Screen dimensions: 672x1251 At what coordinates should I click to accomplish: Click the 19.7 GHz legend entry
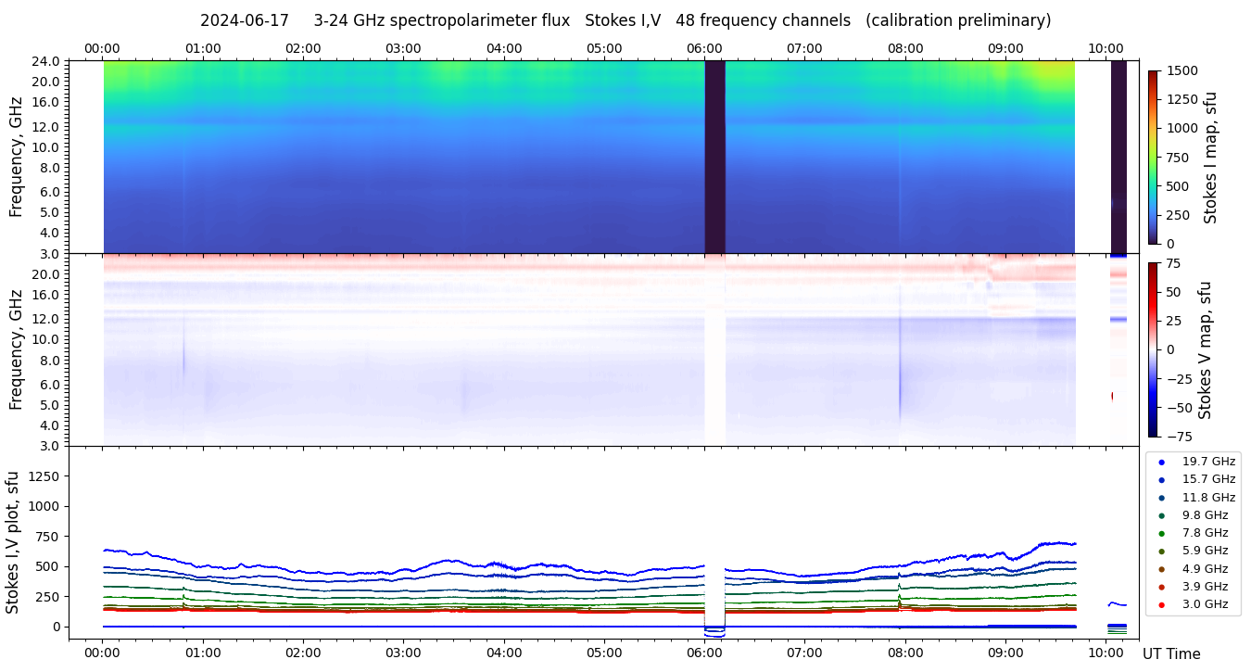pyautogui.click(x=1208, y=461)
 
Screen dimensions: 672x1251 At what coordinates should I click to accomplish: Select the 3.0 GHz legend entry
pyautogui.click(x=1205, y=604)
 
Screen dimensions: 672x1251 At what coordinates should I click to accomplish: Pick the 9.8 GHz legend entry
pyautogui.click(x=1205, y=514)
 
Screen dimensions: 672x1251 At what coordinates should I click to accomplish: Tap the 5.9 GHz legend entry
pyautogui.click(x=1205, y=551)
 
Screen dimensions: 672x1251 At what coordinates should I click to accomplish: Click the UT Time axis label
pyautogui.click(x=1171, y=653)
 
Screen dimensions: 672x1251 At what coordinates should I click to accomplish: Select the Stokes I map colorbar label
pyautogui.click(x=1210, y=158)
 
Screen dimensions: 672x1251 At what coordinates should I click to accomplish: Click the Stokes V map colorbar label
pyautogui.click(x=1205, y=349)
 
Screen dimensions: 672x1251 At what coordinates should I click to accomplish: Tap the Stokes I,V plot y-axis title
pyautogui.click(x=13, y=541)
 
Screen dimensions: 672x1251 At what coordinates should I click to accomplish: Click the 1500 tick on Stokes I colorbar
pyautogui.click(x=1181, y=71)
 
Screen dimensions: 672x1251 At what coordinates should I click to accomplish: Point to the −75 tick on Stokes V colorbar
pyautogui.click(x=1180, y=436)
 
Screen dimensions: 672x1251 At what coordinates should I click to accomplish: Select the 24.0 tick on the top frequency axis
pyautogui.click(x=47, y=61)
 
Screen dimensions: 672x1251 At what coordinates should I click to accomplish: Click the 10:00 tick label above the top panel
pyautogui.click(x=1106, y=48)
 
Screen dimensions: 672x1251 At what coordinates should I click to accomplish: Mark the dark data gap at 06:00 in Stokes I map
pyautogui.click(x=714, y=156)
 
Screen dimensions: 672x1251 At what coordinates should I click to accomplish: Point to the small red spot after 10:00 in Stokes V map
pyautogui.click(x=1113, y=396)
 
